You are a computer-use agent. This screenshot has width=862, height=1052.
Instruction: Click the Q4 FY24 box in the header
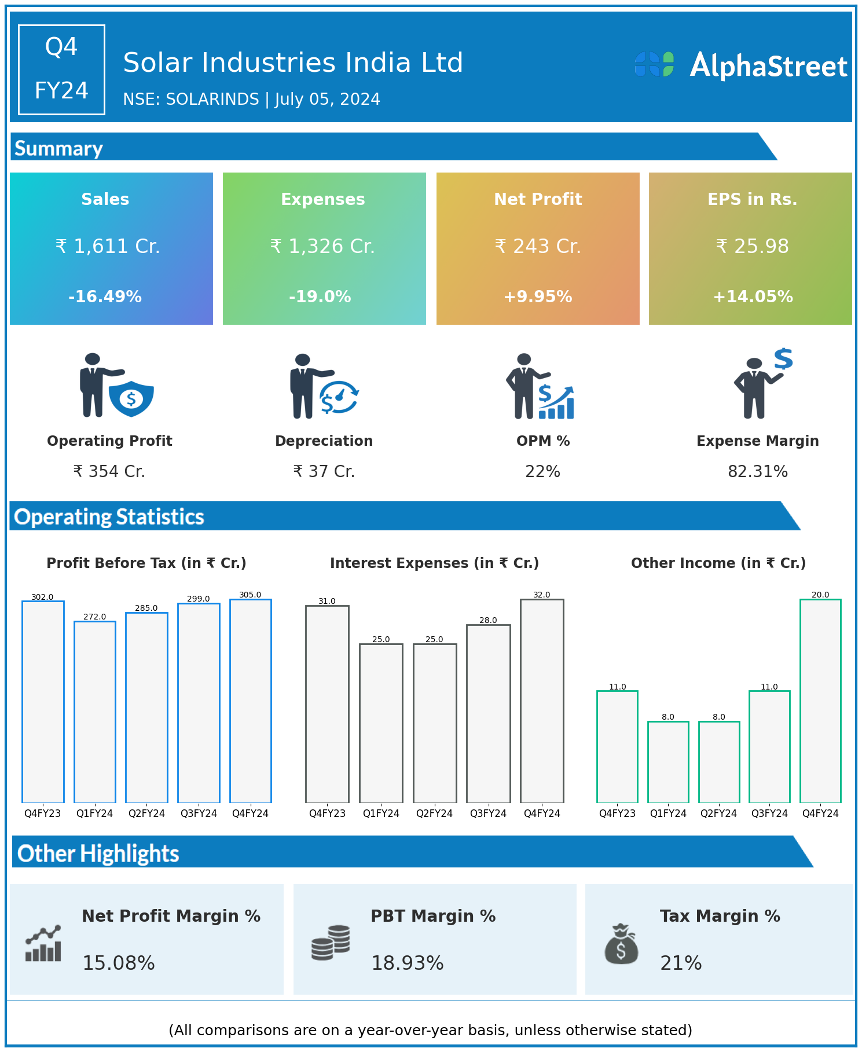tap(61, 69)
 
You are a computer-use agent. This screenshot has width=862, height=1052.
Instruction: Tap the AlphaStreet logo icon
tap(654, 64)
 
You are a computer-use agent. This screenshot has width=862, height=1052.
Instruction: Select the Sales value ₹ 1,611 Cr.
tap(108, 247)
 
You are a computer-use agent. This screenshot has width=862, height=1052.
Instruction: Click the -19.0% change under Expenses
tap(320, 297)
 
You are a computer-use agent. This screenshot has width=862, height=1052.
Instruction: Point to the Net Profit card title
tap(538, 199)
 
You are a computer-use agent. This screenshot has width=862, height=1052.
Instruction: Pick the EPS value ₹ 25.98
tap(752, 247)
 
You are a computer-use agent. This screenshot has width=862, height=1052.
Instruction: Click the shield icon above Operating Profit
tap(131, 398)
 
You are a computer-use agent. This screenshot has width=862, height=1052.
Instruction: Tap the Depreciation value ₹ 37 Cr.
tap(324, 472)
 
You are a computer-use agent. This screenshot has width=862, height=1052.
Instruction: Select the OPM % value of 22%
tap(542, 472)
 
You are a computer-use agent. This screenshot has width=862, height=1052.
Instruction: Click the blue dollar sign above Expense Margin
tap(783, 359)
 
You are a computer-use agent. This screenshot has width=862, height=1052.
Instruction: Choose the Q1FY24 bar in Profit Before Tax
tap(95, 712)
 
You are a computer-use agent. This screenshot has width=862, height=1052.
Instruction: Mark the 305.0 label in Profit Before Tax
tap(250, 595)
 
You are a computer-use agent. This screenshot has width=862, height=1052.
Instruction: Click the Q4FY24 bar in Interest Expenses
tap(542, 701)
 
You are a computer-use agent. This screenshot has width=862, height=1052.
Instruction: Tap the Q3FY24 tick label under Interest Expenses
tap(488, 813)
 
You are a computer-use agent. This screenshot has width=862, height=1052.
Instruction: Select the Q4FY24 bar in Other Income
tap(820, 701)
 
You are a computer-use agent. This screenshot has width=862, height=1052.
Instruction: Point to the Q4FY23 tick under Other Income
tap(617, 813)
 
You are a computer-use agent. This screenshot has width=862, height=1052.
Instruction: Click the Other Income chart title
tap(718, 563)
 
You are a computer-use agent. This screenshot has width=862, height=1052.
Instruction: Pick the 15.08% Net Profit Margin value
tap(119, 963)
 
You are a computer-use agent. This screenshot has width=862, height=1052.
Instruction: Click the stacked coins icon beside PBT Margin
tap(331, 943)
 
